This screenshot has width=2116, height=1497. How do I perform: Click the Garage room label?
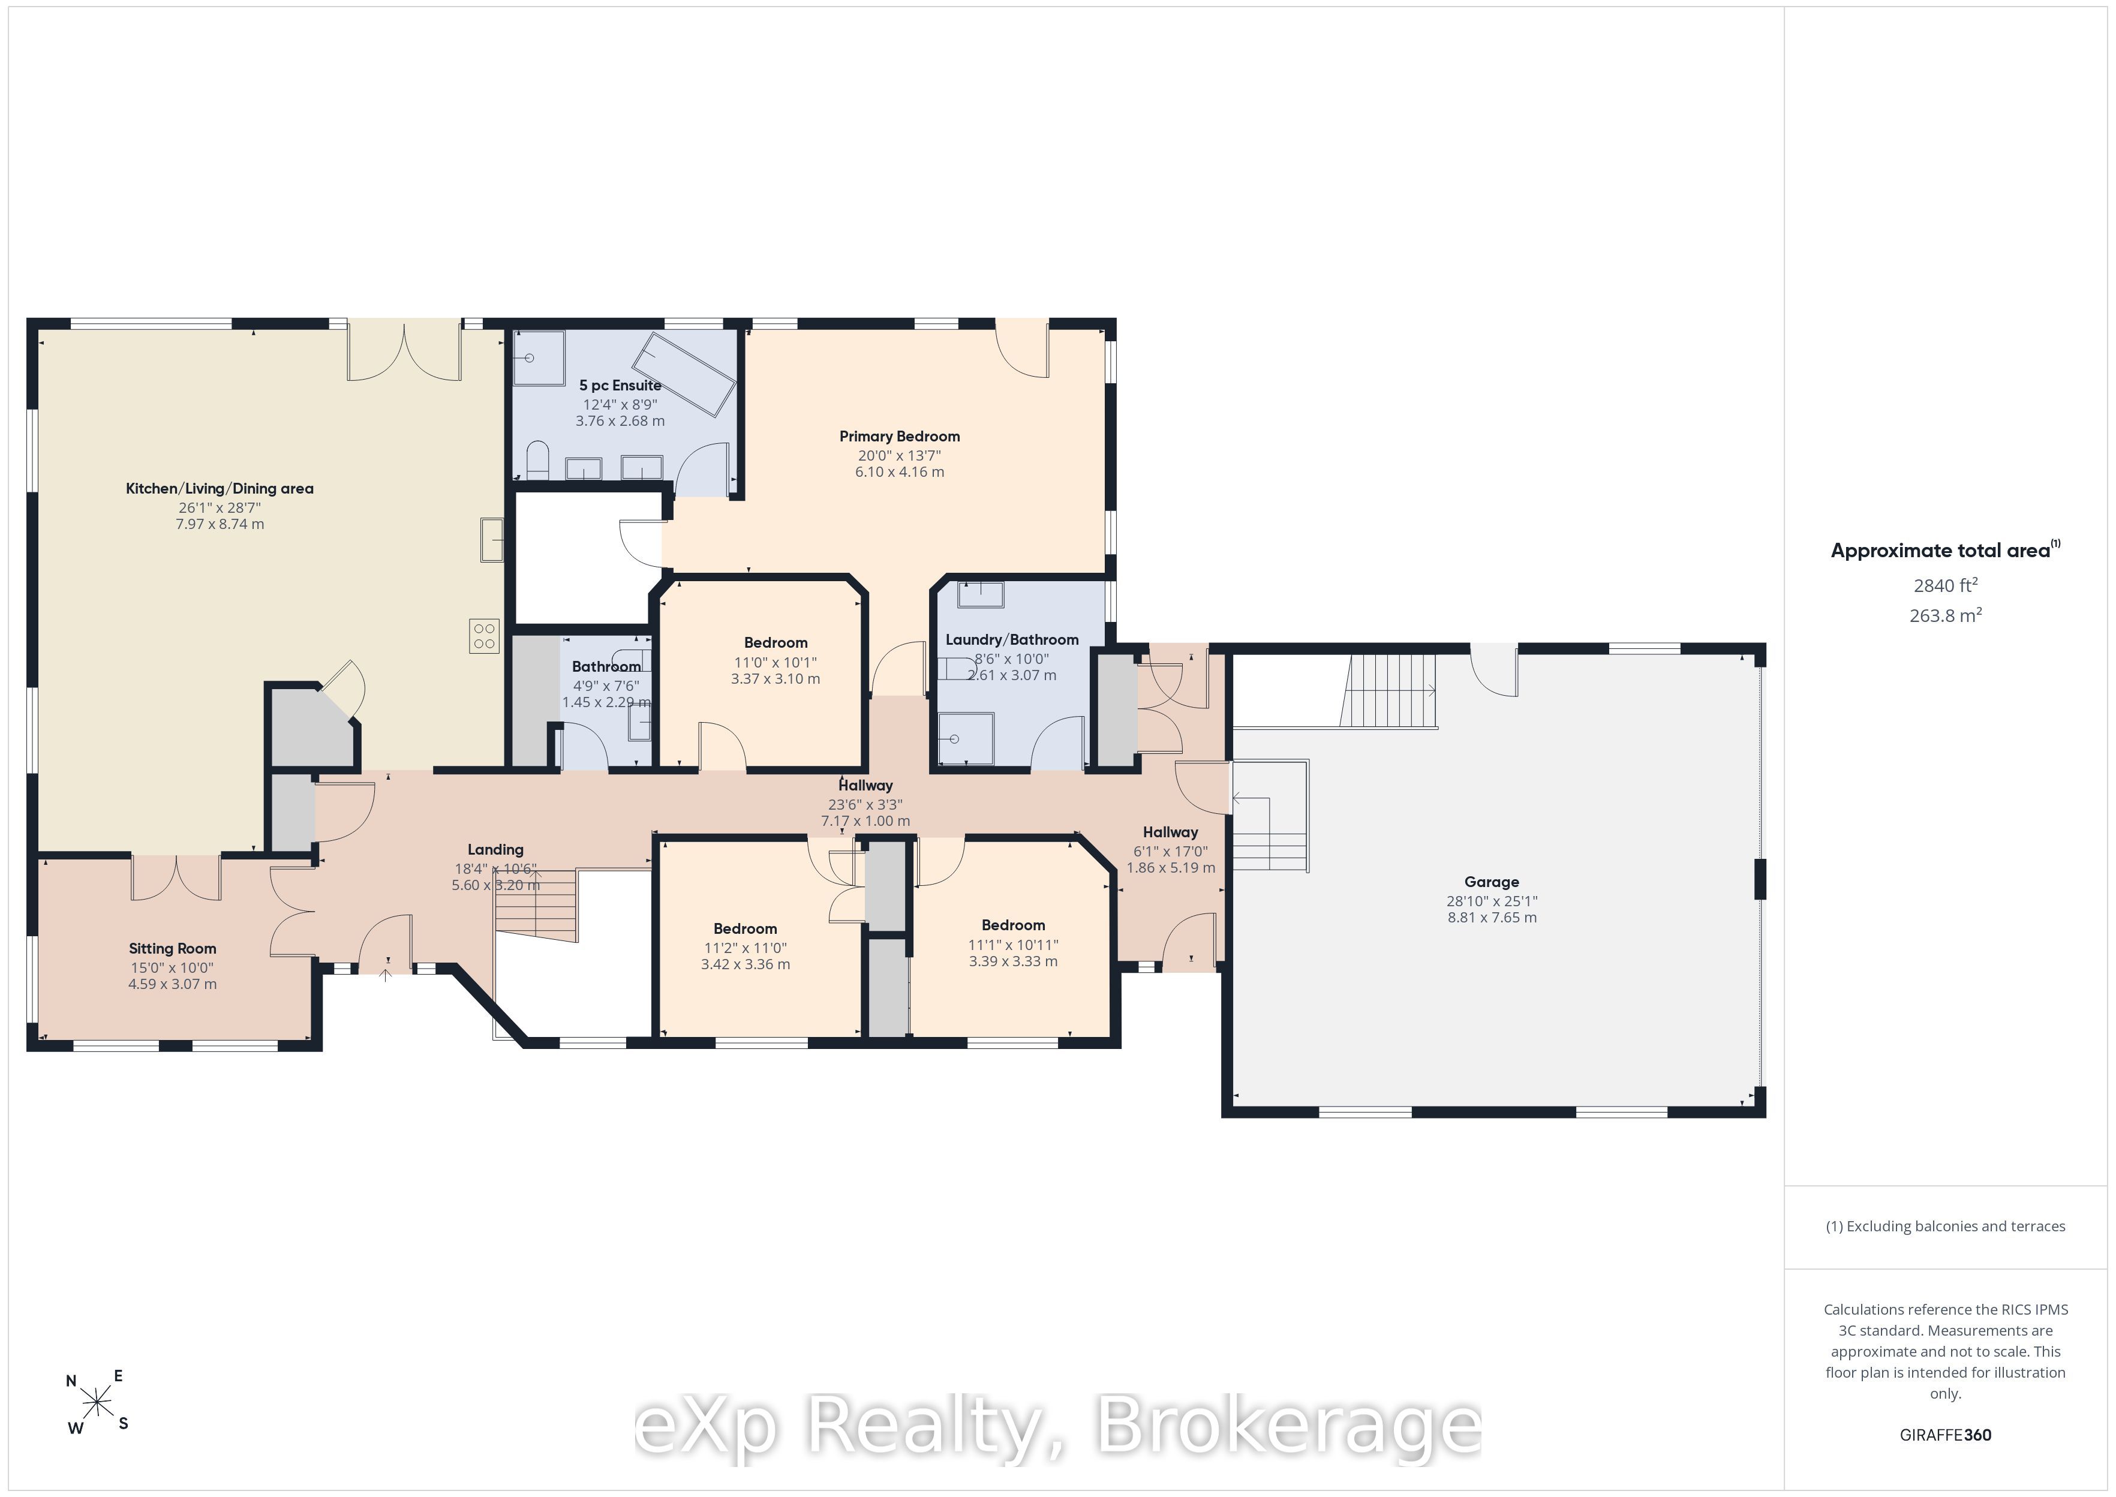click(1491, 882)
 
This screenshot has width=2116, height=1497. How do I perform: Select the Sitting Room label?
click(172, 949)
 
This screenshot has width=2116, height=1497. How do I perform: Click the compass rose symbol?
click(97, 1403)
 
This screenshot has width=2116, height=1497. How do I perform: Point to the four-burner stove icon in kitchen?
click(484, 635)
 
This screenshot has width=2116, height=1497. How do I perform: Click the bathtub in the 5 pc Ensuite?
click(689, 373)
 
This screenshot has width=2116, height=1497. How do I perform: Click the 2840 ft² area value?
click(1946, 585)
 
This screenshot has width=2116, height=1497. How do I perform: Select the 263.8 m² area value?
click(1946, 615)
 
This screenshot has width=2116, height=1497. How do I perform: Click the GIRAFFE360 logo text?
click(1946, 1435)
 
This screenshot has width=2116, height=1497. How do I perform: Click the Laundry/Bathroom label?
click(1012, 640)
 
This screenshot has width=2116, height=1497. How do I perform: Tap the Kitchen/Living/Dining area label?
click(220, 489)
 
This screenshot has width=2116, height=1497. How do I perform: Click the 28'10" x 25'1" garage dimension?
click(1491, 901)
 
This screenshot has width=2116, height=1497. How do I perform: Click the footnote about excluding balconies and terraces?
click(1946, 1226)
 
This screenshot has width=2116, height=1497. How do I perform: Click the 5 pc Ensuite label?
click(620, 385)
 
